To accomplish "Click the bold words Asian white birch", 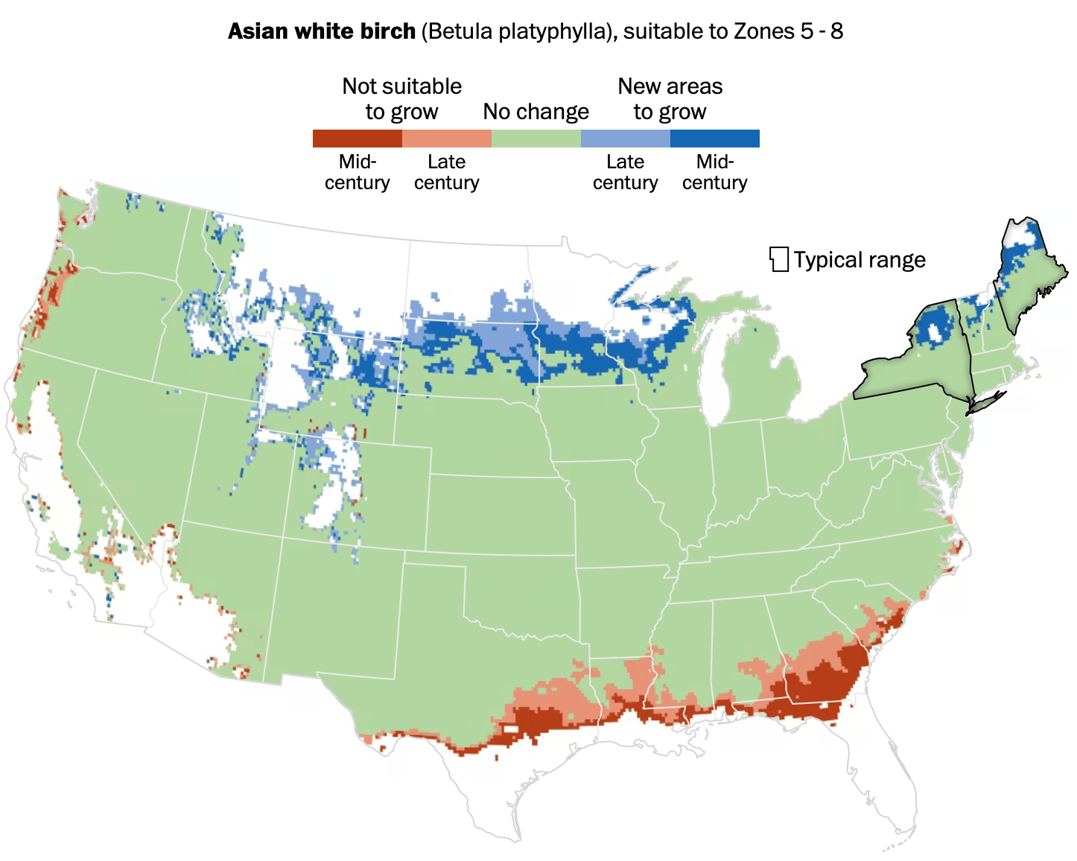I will (321, 31).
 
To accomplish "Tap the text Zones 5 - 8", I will (789, 31).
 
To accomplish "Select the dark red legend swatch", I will (358, 139).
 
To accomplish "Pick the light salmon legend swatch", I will (447, 139).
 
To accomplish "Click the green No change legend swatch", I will (536, 139).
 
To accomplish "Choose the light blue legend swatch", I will (626, 139).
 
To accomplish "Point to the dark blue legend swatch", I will (715, 139).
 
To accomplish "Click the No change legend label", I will (536, 112).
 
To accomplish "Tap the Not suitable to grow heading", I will (402, 98).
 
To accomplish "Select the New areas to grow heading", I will (670, 98).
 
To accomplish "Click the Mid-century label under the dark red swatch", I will (358, 172).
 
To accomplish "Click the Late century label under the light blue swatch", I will (626, 172).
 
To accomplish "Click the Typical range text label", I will (860, 260).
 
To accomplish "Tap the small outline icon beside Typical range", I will (779, 259).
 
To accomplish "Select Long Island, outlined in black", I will (987, 401).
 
